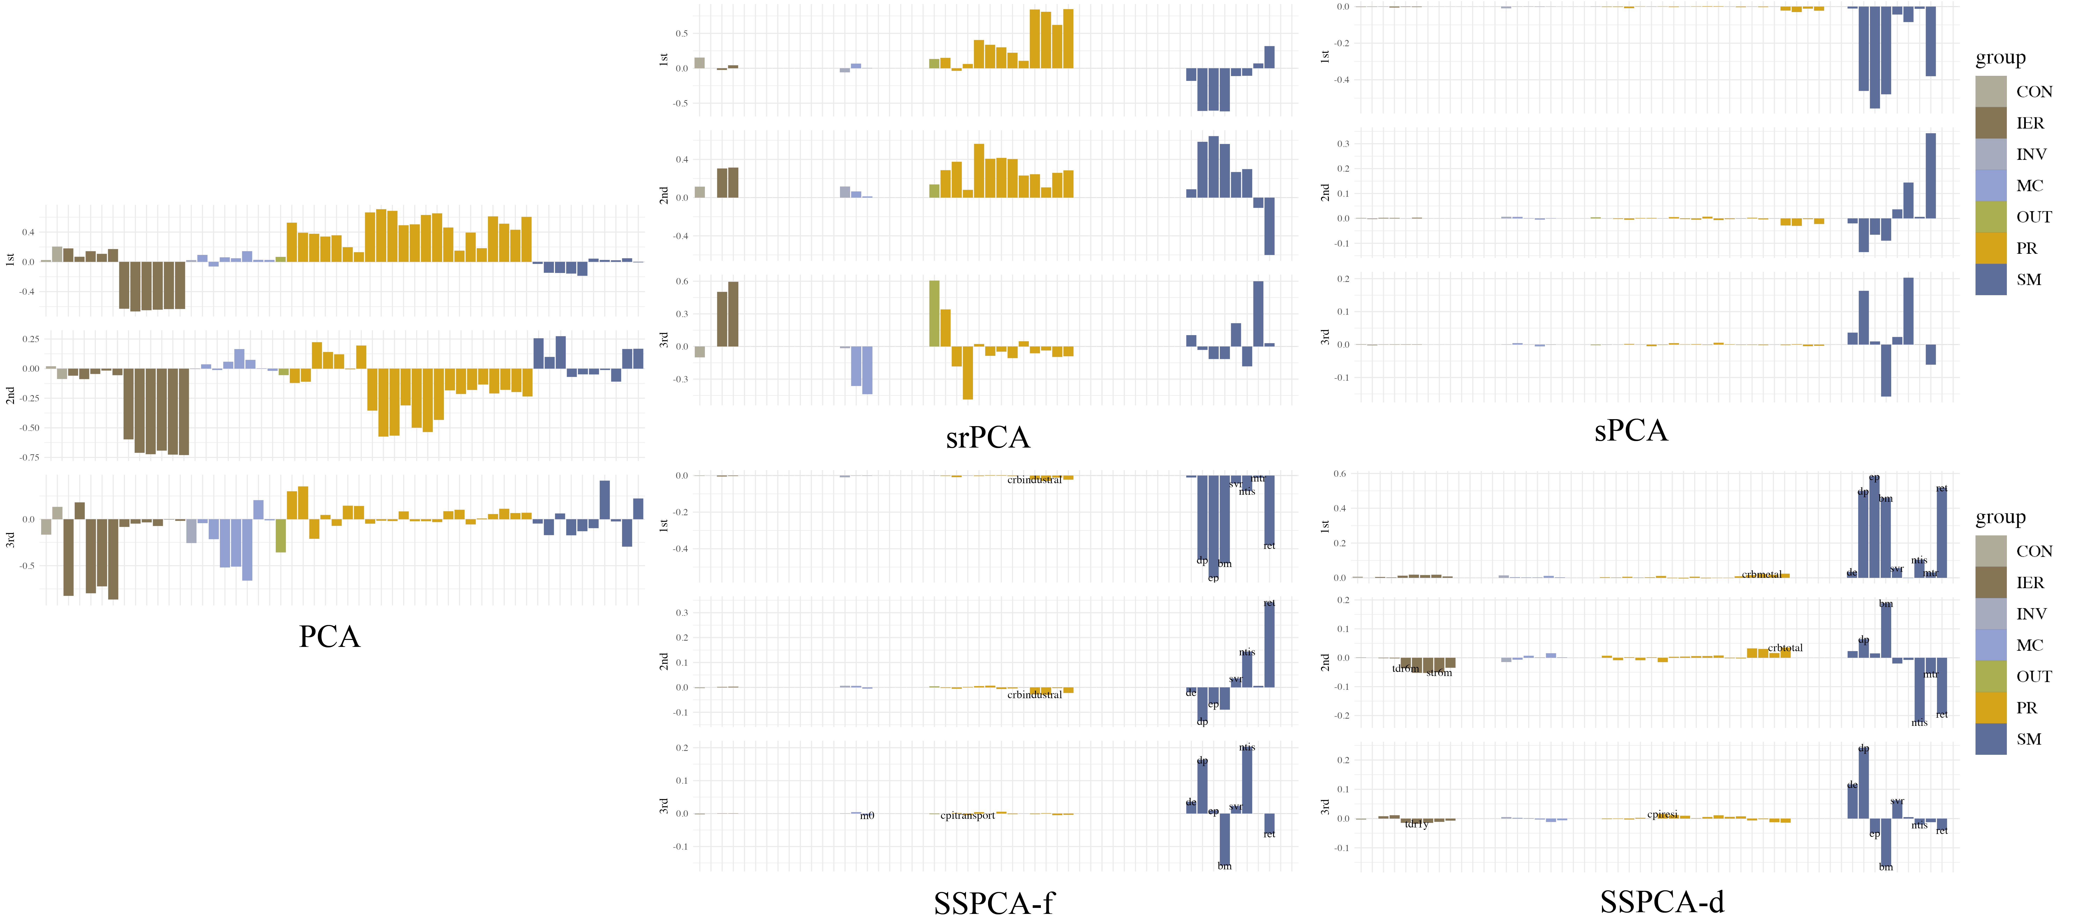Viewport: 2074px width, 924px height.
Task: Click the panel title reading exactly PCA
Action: coord(329,637)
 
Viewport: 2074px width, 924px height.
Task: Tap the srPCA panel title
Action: coord(988,437)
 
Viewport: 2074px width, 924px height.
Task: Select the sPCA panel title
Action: coord(1631,431)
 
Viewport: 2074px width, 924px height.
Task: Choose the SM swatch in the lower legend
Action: coord(1991,739)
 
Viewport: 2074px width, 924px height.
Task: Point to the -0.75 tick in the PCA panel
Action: coord(29,457)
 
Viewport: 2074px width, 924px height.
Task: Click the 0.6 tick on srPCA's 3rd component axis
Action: coord(682,282)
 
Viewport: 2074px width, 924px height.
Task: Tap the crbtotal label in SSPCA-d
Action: coord(1785,648)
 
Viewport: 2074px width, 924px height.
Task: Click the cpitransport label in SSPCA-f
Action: coord(968,815)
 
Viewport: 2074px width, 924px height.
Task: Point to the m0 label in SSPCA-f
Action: coord(867,815)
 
